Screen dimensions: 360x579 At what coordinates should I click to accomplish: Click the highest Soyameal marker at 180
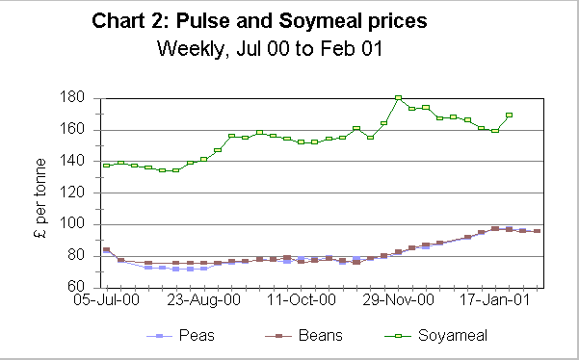pos(398,98)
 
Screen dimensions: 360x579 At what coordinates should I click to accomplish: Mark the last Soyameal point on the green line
pos(509,116)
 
